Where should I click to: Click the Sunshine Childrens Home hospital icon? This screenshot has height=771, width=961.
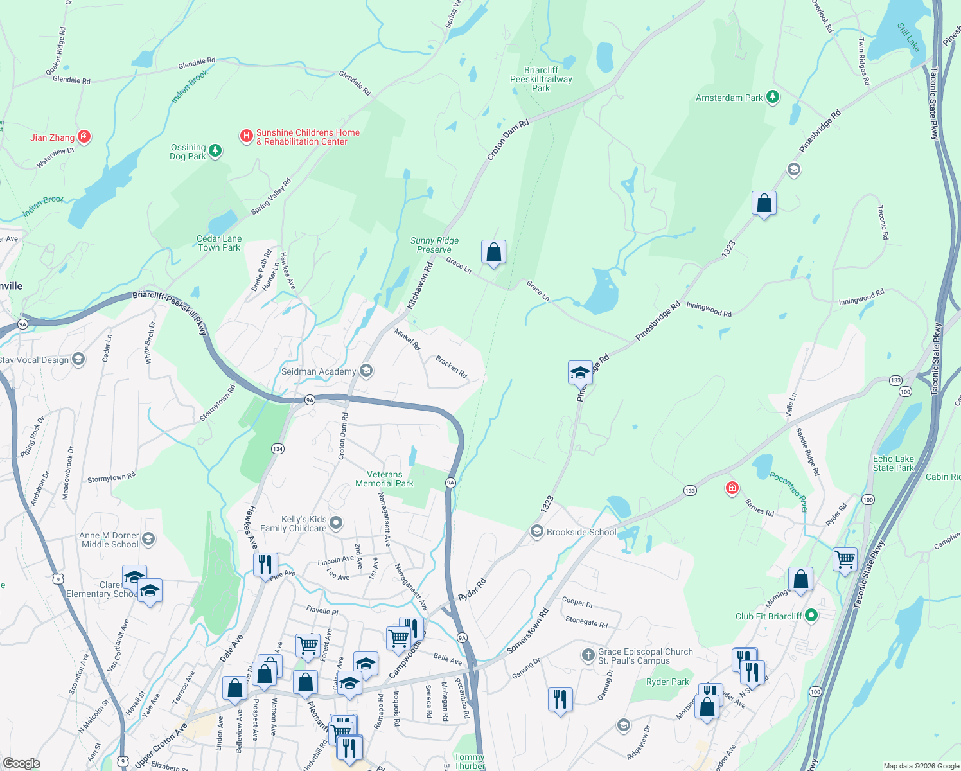click(x=246, y=136)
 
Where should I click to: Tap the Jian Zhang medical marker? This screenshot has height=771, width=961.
click(x=84, y=137)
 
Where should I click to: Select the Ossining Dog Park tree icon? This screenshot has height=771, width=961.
click(x=215, y=151)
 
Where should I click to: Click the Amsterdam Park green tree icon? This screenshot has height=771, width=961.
click(x=773, y=98)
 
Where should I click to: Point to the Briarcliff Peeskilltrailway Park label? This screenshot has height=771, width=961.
click(x=541, y=79)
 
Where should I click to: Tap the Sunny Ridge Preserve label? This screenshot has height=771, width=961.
click(x=434, y=245)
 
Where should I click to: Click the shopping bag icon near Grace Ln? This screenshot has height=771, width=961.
click(x=493, y=253)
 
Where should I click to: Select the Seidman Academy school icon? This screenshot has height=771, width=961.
click(x=366, y=371)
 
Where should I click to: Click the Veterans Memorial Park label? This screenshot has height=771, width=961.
click(x=384, y=479)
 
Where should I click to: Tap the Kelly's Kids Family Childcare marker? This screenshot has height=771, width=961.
click(x=336, y=524)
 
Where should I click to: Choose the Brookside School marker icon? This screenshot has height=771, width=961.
click(x=536, y=531)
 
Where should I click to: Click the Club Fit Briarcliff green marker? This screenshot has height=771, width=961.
click(x=811, y=616)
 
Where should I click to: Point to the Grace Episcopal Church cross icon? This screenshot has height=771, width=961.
click(x=588, y=655)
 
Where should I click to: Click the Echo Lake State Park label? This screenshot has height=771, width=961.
click(x=893, y=463)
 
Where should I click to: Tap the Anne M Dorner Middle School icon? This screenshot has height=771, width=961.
click(x=148, y=538)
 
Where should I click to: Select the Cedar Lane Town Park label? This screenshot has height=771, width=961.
click(x=218, y=243)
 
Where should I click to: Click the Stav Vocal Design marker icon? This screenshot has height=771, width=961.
click(x=78, y=359)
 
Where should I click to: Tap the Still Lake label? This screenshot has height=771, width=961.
click(x=908, y=37)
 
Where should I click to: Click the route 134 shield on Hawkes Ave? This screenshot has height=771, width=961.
click(x=278, y=448)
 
